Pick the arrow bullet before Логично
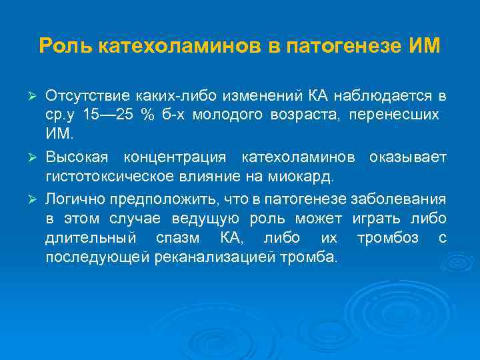click(x=37, y=199)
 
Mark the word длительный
click(x=90, y=238)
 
